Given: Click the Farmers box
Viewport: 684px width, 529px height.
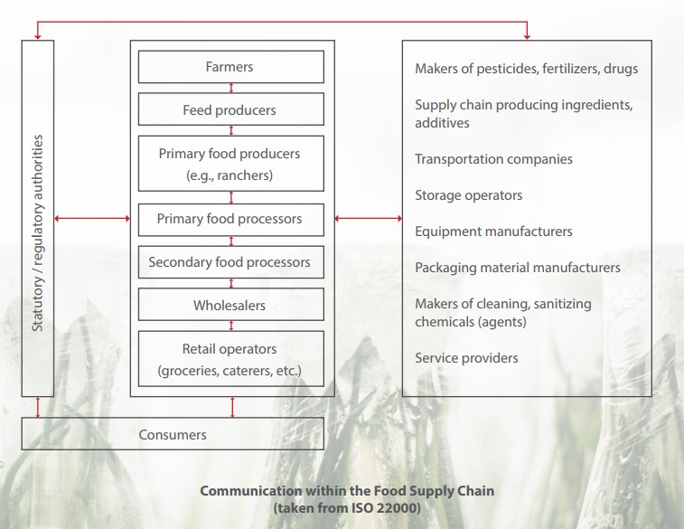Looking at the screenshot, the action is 231,67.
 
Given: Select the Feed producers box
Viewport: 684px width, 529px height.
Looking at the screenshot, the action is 231,109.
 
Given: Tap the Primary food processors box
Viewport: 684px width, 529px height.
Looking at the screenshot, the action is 231,220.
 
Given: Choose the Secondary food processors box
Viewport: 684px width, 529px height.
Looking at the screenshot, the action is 231,262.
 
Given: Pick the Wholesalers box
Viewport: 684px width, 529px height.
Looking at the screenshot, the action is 231,304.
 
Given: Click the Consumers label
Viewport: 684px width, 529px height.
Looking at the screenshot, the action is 173,435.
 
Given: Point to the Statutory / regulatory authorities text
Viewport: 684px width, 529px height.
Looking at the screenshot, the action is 38,232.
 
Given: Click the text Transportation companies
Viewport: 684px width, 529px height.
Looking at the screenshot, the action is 494,159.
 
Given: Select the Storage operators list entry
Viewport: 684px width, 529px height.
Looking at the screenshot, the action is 469,195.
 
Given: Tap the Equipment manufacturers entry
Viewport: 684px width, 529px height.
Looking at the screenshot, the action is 493,231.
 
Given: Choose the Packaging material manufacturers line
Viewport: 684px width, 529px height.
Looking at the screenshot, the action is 518,268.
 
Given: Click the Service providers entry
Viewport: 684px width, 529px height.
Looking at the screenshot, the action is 466,358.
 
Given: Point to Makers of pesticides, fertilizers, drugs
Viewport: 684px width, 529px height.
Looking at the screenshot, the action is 526,69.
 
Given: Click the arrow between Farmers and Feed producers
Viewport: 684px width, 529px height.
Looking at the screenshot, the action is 231,88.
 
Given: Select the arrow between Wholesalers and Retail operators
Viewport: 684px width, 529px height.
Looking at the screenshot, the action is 231,326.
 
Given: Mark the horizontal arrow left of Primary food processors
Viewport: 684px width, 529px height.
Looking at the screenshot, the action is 92,218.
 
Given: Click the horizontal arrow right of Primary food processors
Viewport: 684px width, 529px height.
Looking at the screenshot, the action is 368,218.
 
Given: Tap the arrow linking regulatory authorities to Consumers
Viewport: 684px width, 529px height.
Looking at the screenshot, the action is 38,407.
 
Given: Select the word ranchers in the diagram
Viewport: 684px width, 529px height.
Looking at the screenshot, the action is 243,175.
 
